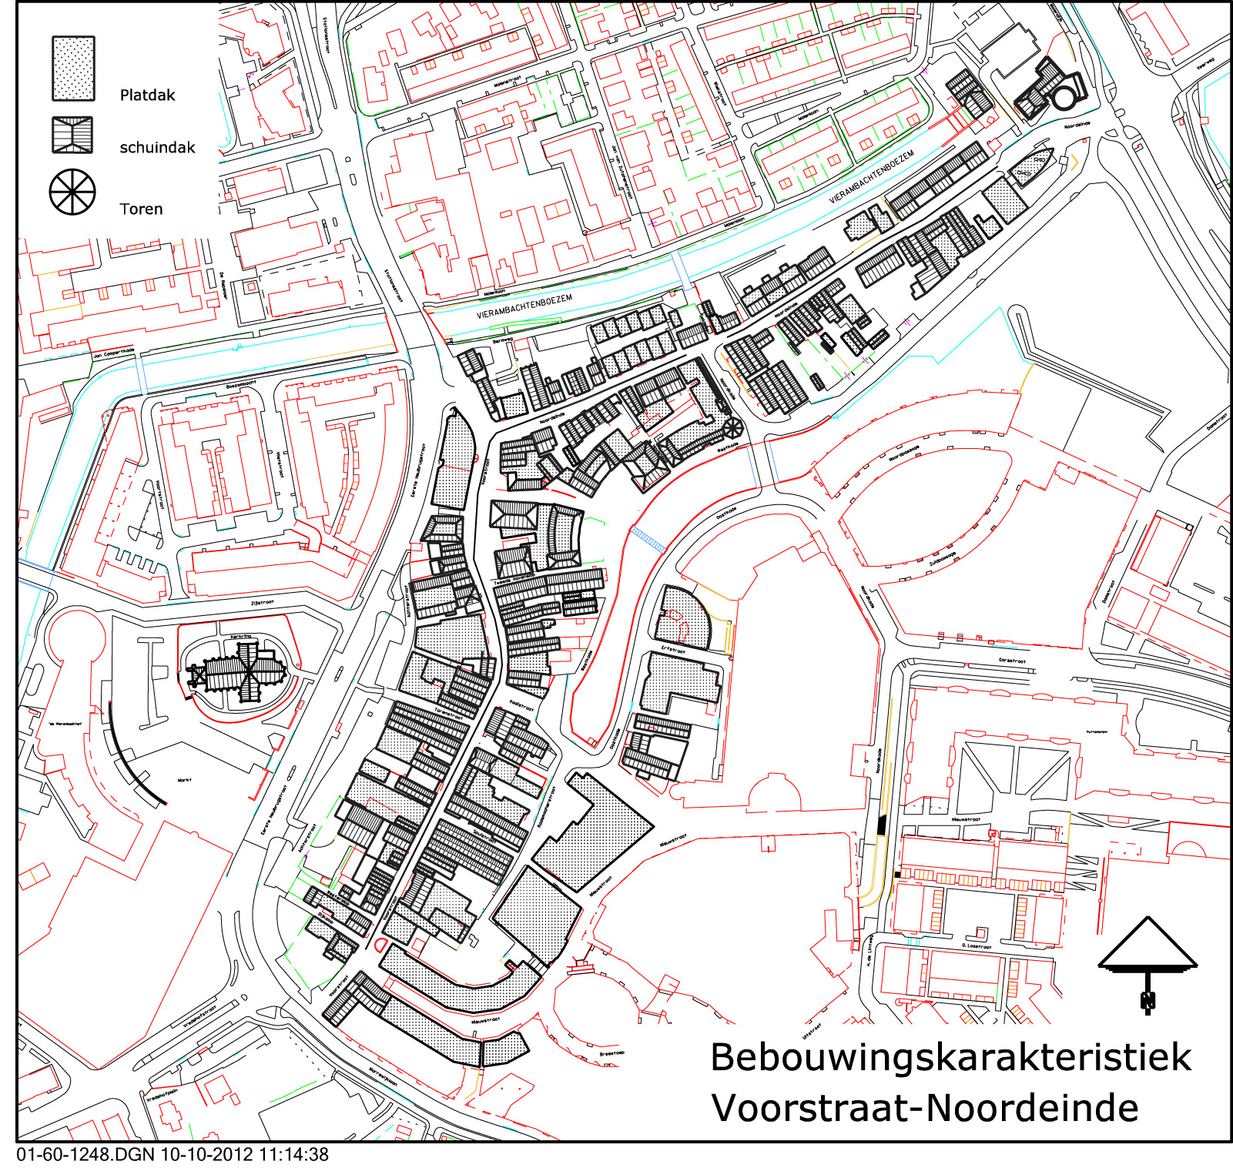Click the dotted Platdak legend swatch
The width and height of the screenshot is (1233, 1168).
pos(73,69)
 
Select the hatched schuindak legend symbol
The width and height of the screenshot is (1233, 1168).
pos(72,136)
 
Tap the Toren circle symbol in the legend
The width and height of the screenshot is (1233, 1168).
pos(72,192)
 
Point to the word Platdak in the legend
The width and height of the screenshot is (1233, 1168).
pos(147,95)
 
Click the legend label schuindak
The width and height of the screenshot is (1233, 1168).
pos(157,148)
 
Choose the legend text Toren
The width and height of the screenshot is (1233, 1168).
pos(141,209)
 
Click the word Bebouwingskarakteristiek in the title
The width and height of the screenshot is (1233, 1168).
pos(950,1058)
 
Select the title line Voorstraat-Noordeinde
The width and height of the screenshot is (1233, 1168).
pos(924,1109)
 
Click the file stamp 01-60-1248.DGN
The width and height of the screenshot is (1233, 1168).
pos(85,1155)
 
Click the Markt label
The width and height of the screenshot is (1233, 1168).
pos(184,780)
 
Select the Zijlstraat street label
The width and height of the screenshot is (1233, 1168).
pos(263,603)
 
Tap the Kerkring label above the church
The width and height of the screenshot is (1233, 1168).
pos(241,637)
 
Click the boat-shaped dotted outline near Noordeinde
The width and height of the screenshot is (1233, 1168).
pos(1032,167)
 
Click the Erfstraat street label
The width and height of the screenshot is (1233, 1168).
pos(672,650)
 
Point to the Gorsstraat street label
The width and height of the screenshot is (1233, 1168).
pos(1012,661)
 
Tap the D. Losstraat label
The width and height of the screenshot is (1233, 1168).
pos(977,946)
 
